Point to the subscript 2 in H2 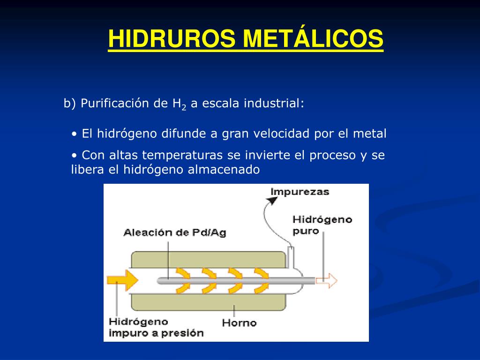(184, 107)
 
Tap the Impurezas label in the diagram (300, 192)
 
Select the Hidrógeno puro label (322, 225)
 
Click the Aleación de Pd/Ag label (174, 232)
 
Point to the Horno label (239, 322)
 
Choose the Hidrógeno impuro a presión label (156, 328)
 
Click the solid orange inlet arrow (122, 280)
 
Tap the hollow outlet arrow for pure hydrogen (326, 280)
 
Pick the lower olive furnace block (209, 302)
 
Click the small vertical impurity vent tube (291, 255)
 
